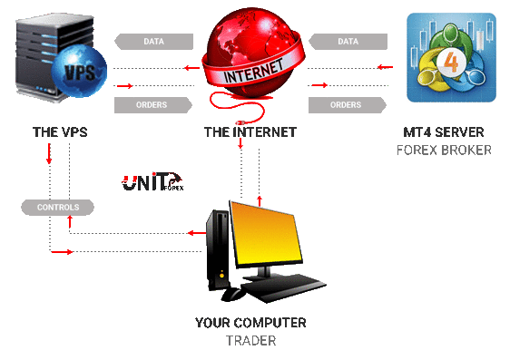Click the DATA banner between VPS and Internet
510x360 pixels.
[x=154, y=42]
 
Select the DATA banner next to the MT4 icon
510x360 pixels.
[x=348, y=42]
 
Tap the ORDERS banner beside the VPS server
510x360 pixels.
[x=153, y=105]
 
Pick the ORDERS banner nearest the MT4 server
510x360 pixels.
[x=348, y=105]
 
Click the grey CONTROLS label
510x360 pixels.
[x=57, y=208]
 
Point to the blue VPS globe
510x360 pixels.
[x=79, y=71]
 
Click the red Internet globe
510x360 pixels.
[x=253, y=54]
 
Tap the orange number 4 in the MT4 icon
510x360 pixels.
[x=451, y=62]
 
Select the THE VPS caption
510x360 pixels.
[x=60, y=132]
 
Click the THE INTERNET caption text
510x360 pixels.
[x=250, y=132]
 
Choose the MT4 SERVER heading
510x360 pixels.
[x=444, y=132]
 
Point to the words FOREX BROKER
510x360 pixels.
[x=444, y=151]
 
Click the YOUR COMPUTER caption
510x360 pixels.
[x=250, y=323]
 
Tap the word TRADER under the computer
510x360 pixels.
[x=250, y=341]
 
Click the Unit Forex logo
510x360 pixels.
[x=152, y=181]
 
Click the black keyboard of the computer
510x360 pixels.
[x=283, y=287]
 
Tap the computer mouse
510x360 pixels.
[x=232, y=294]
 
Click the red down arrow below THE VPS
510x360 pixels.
[x=49, y=153]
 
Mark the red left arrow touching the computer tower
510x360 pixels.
[x=197, y=233]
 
